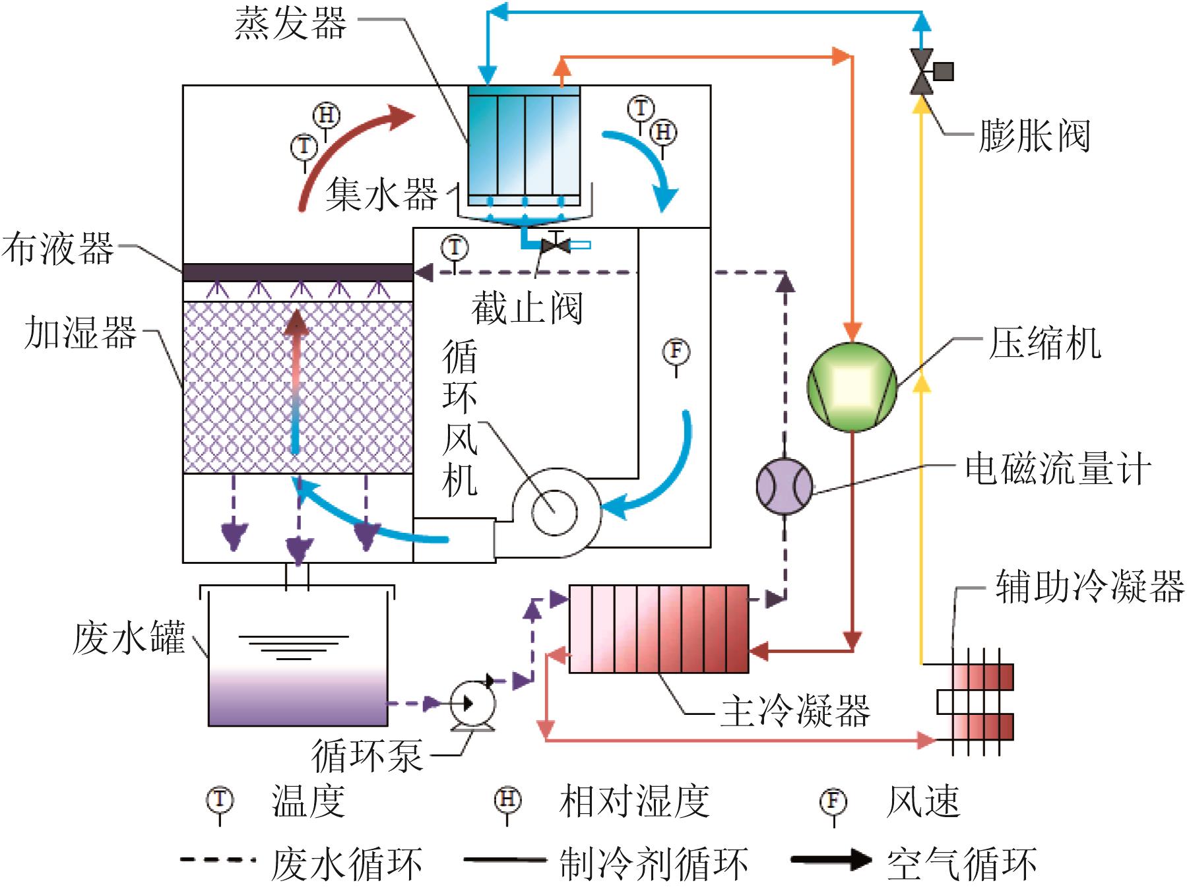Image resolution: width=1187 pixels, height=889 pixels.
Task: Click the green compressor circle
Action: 852,388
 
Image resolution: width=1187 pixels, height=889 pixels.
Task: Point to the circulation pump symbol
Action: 472,704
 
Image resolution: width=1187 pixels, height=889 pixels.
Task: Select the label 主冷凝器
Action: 795,711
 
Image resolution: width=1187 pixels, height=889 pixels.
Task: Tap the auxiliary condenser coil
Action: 975,702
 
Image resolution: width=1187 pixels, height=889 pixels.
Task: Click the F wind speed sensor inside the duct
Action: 676,352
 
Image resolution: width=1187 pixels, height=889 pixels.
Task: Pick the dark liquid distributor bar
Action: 298,272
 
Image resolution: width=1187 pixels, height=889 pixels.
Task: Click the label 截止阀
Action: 527,308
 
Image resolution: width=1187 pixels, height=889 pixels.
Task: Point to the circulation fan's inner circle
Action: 554,512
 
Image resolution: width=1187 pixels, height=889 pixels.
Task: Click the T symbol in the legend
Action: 220,801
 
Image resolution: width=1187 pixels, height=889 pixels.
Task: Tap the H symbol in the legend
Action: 507,801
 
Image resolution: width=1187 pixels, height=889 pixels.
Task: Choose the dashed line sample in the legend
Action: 218,859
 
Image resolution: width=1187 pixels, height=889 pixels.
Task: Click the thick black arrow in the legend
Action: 831,859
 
